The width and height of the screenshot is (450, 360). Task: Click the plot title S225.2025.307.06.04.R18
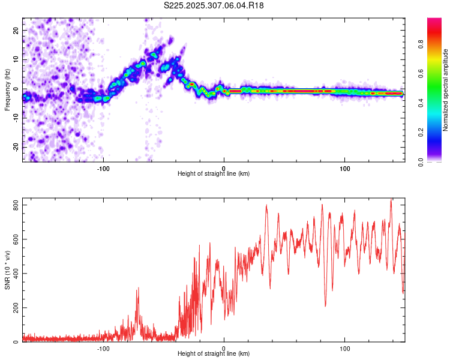click(x=214, y=5)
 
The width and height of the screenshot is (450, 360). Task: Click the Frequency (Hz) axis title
click(x=7, y=89)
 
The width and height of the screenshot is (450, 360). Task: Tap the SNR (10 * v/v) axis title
click(x=7, y=270)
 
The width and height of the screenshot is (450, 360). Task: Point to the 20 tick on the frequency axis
click(x=16, y=31)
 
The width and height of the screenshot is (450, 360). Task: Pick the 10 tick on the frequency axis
click(x=16, y=60)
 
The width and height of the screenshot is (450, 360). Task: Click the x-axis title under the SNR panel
click(x=214, y=354)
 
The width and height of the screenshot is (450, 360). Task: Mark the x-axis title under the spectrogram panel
click(x=214, y=174)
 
